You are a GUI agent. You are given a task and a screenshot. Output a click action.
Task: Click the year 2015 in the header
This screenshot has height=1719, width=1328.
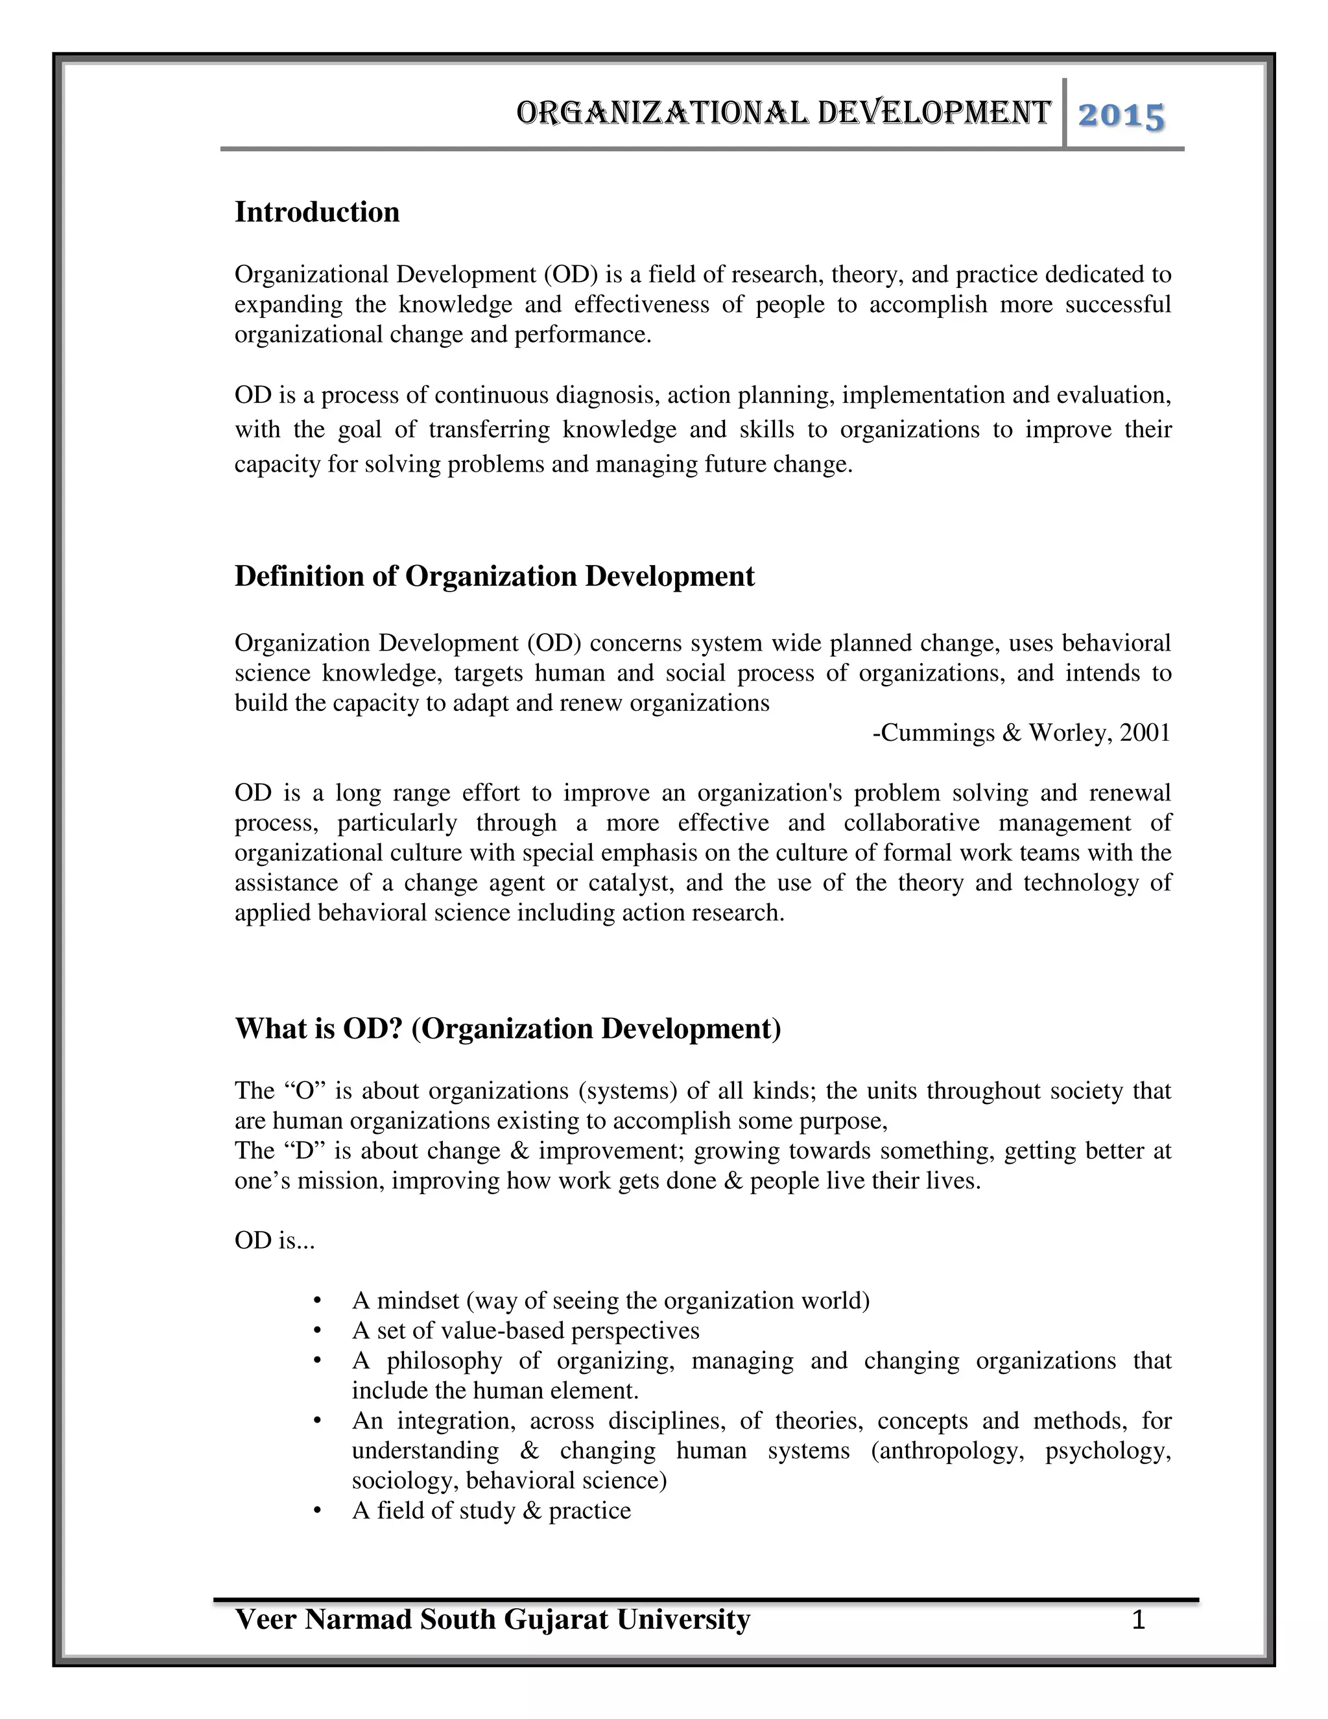[x=1120, y=117]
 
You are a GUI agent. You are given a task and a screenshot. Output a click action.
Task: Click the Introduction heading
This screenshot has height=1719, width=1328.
[x=317, y=213]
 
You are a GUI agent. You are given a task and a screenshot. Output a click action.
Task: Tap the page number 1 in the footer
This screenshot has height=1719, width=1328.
[x=1137, y=1620]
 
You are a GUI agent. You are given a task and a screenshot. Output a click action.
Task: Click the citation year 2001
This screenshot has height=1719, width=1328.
[x=1144, y=733]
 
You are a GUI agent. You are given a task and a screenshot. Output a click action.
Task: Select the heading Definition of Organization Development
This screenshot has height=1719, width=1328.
[x=494, y=576]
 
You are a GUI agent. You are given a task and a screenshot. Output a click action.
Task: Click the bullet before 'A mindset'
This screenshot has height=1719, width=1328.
[x=318, y=1300]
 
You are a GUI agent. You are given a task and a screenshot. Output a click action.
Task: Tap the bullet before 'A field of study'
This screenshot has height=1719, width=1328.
[x=318, y=1510]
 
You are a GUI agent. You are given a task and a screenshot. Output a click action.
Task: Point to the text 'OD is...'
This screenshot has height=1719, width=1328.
[x=274, y=1240]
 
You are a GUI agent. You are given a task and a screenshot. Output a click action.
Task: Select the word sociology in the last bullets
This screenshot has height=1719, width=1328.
[x=405, y=1480]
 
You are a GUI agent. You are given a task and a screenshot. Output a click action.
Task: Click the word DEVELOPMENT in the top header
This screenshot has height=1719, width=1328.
[x=934, y=114]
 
